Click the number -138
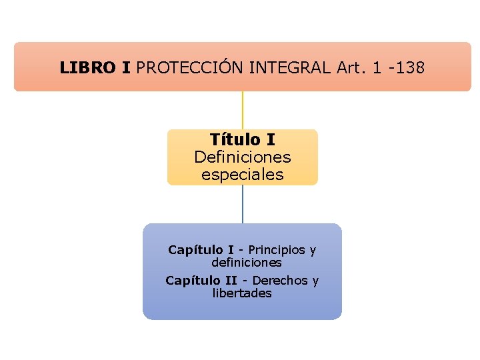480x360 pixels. (406, 67)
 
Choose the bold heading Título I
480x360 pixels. (242, 140)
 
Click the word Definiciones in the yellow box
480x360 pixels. (242, 157)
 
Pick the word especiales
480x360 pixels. (242, 175)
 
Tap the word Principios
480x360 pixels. (277, 250)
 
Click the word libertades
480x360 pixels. (242, 293)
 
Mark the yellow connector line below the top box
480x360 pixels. (242, 110)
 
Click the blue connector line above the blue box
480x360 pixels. (242, 204)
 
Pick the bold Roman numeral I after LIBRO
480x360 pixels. (126, 67)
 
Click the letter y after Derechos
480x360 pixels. (315, 281)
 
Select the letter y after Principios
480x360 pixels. (312, 251)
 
